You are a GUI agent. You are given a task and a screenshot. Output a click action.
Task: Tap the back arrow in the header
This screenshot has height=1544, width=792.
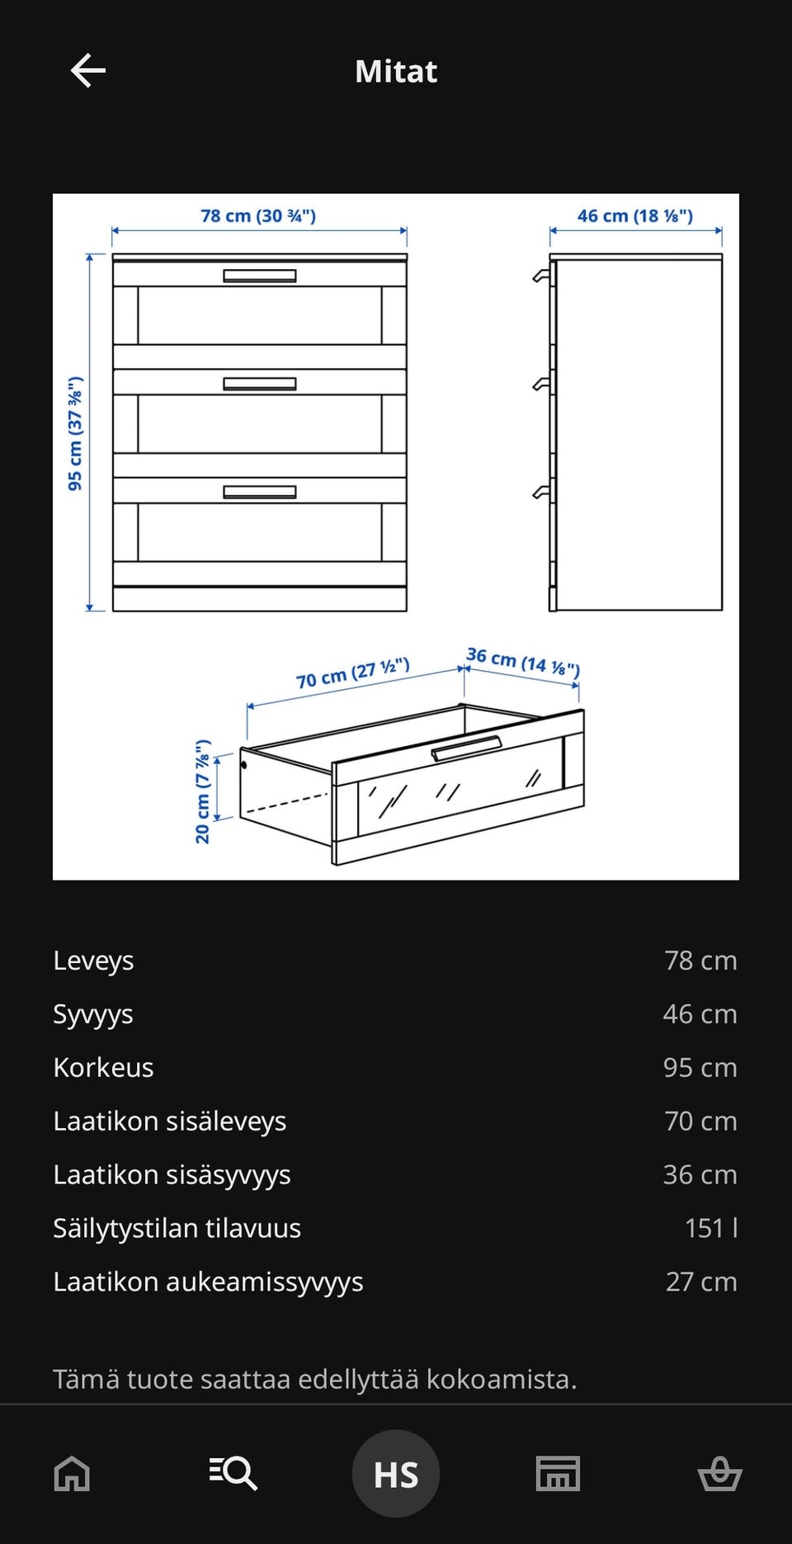point(88,71)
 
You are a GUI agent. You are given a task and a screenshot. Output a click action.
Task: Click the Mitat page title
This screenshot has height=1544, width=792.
point(396,72)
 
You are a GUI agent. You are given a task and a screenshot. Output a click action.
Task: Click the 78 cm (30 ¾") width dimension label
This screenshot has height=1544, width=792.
point(258,216)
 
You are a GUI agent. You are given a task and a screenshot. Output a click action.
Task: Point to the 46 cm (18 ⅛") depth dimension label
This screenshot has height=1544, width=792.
point(634,216)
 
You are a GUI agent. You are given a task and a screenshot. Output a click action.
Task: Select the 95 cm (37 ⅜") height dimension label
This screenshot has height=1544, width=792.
point(75,433)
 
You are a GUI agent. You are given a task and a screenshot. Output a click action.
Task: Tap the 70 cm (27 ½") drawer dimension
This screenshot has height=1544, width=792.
point(353,673)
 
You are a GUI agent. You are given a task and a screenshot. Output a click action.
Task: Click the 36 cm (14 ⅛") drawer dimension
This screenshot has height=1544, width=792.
point(523,662)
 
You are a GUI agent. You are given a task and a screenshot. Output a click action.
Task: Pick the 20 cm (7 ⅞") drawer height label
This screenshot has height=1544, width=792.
point(203,791)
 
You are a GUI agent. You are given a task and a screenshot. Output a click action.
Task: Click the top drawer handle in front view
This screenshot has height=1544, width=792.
point(260,276)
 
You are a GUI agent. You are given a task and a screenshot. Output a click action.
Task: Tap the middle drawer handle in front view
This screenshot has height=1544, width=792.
point(260,384)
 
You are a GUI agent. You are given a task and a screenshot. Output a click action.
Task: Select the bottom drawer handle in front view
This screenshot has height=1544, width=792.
point(260,492)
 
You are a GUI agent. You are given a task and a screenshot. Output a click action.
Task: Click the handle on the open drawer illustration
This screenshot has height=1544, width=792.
point(466,748)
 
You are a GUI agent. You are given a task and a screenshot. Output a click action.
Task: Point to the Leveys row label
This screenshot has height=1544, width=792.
point(93,961)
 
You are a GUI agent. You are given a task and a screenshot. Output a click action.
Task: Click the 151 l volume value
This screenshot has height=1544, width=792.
point(710,1228)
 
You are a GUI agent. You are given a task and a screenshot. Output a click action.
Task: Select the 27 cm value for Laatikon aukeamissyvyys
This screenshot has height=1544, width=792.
point(700,1282)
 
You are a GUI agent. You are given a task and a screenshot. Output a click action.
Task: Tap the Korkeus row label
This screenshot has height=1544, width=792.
point(103,1068)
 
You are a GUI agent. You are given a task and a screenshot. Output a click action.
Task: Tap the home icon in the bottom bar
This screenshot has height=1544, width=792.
point(72,1473)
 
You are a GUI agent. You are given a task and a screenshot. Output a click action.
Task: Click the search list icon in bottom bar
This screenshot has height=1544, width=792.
point(233,1473)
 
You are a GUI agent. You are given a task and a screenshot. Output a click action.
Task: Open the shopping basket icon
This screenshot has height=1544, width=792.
point(719,1473)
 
